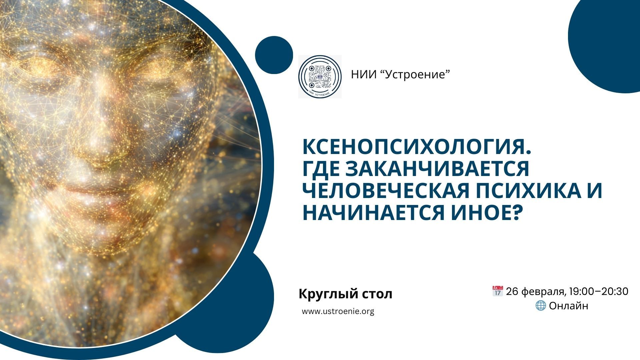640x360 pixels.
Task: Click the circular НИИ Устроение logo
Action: tap(320, 76)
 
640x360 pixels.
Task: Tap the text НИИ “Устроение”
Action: tap(400, 74)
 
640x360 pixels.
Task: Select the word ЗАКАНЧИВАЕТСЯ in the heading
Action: tap(437, 168)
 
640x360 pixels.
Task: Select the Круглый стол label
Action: tap(345, 294)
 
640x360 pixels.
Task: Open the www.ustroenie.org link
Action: tap(338, 311)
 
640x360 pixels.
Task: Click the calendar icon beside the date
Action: tap(497, 291)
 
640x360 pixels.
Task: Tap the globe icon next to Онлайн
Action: tap(540, 305)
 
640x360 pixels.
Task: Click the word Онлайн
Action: tap(568, 306)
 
